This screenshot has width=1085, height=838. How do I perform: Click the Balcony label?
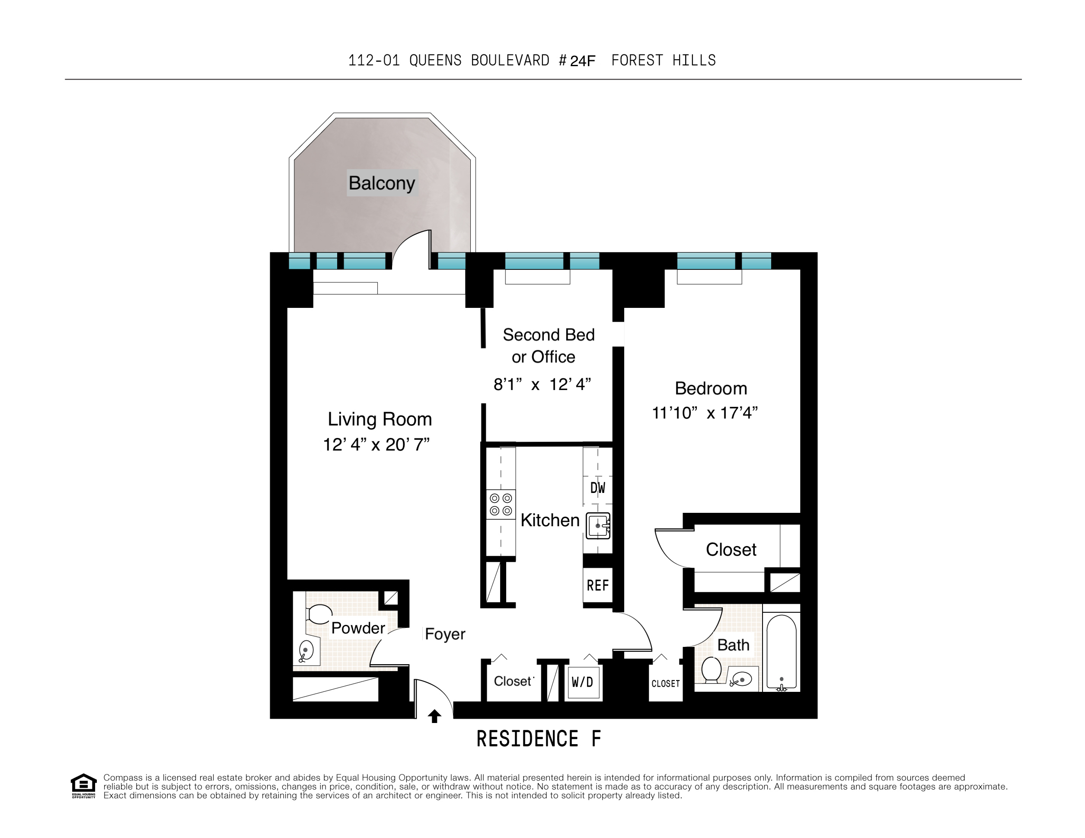(382, 183)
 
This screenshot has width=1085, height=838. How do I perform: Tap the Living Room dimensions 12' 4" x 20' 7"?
(376, 445)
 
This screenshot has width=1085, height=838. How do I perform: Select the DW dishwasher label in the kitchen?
(598, 488)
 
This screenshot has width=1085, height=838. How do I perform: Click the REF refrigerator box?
(598, 585)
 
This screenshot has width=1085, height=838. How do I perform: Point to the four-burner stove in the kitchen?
(501, 505)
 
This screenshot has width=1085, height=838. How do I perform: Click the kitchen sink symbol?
(598, 526)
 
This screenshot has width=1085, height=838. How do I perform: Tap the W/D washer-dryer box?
(583, 682)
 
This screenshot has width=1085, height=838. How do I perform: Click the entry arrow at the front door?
(435, 716)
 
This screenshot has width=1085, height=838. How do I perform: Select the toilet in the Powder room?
(319, 614)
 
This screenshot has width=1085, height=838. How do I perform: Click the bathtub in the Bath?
(782, 652)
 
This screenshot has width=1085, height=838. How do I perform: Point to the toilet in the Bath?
(712, 670)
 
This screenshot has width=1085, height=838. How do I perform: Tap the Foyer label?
(445, 634)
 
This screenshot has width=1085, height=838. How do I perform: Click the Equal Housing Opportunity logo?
(83, 786)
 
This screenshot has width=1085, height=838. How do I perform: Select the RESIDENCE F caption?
(539, 739)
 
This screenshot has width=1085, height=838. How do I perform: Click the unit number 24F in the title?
(583, 61)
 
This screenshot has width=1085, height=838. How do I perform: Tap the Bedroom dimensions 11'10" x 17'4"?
(705, 413)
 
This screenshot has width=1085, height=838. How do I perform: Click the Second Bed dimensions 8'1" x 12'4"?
(542, 385)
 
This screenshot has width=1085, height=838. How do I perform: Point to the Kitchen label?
(550, 520)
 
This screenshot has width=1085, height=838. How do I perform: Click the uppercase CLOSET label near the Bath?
(666, 684)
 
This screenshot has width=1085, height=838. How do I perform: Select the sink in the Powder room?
(306, 651)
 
